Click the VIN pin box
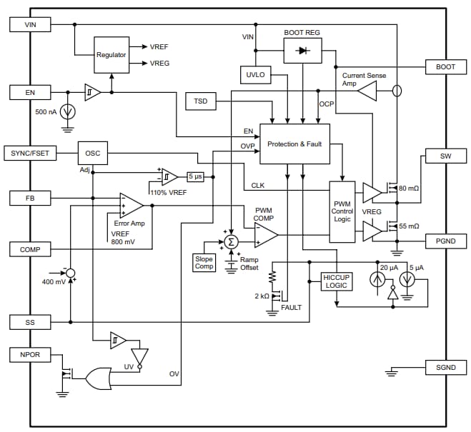(x=29, y=24)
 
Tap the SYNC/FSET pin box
(x=31, y=153)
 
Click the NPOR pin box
(x=29, y=354)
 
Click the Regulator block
(x=111, y=54)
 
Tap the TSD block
(x=200, y=101)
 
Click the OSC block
(x=93, y=153)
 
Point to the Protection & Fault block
(x=294, y=144)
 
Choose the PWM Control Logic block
(x=342, y=211)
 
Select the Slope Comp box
(x=204, y=262)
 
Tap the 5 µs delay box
(x=196, y=176)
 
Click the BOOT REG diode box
(x=302, y=51)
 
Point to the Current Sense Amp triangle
(x=367, y=91)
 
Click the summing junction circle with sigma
(x=231, y=242)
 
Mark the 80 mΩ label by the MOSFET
(x=410, y=189)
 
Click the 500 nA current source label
(x=46, y=112)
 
